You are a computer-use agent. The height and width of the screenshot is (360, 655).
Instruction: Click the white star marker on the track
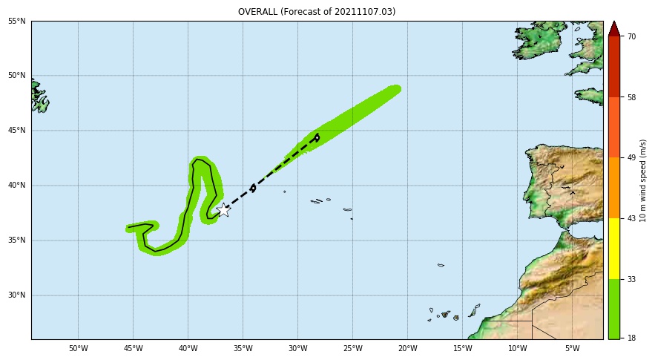click(223, 209)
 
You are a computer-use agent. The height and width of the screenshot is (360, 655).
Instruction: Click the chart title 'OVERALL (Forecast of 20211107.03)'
click(317, 12)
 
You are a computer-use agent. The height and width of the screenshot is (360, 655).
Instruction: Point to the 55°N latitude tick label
click(17, 21)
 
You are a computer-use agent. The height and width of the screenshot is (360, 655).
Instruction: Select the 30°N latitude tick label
click(17, 295)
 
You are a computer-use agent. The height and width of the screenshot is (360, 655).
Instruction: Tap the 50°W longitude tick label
click(78, 349)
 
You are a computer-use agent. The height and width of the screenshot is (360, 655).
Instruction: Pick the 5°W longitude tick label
click(572, 349)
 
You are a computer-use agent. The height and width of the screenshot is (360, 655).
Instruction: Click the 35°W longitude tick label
click(243, 349)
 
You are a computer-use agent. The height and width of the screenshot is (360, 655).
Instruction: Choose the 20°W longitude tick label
click(407, 349)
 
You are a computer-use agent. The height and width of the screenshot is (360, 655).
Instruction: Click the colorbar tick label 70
click(631, 36)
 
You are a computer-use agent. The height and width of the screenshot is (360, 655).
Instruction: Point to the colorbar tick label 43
click(631, 218)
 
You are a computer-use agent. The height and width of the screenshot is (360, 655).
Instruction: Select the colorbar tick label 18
click(631, 338)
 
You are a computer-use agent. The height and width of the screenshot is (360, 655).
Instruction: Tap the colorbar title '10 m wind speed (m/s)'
click(644, 180)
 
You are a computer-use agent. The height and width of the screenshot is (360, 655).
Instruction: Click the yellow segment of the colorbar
click(614, 248)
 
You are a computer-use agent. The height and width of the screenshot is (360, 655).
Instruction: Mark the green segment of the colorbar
click(614, 309)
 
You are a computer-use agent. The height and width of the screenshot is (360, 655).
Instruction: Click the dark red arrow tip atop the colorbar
click(614, 29)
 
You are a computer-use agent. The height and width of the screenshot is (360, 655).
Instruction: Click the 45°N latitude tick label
click(17, 131)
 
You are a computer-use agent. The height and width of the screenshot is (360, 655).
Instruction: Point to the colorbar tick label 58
click(631, 97)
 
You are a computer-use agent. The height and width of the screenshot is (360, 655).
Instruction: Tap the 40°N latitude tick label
click(17, 186)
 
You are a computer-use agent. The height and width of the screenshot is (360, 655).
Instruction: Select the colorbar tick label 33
click(631, 279)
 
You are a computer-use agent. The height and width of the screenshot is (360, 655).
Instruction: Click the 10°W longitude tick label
click(517, 349)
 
